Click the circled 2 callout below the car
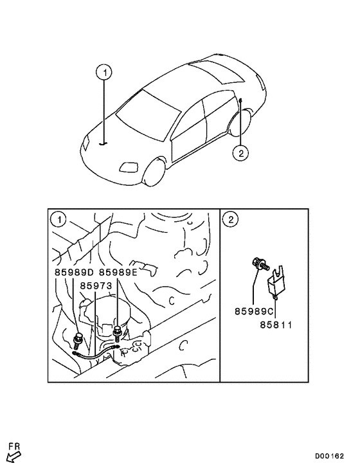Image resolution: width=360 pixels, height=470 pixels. tap(240, 152)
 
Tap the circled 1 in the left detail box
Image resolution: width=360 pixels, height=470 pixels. tap(59, 220)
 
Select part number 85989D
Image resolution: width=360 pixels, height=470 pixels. tap(75, 272)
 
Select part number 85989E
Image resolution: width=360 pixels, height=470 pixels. tap(118, 272)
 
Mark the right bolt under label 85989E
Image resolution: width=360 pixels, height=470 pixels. tap(118, 332)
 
